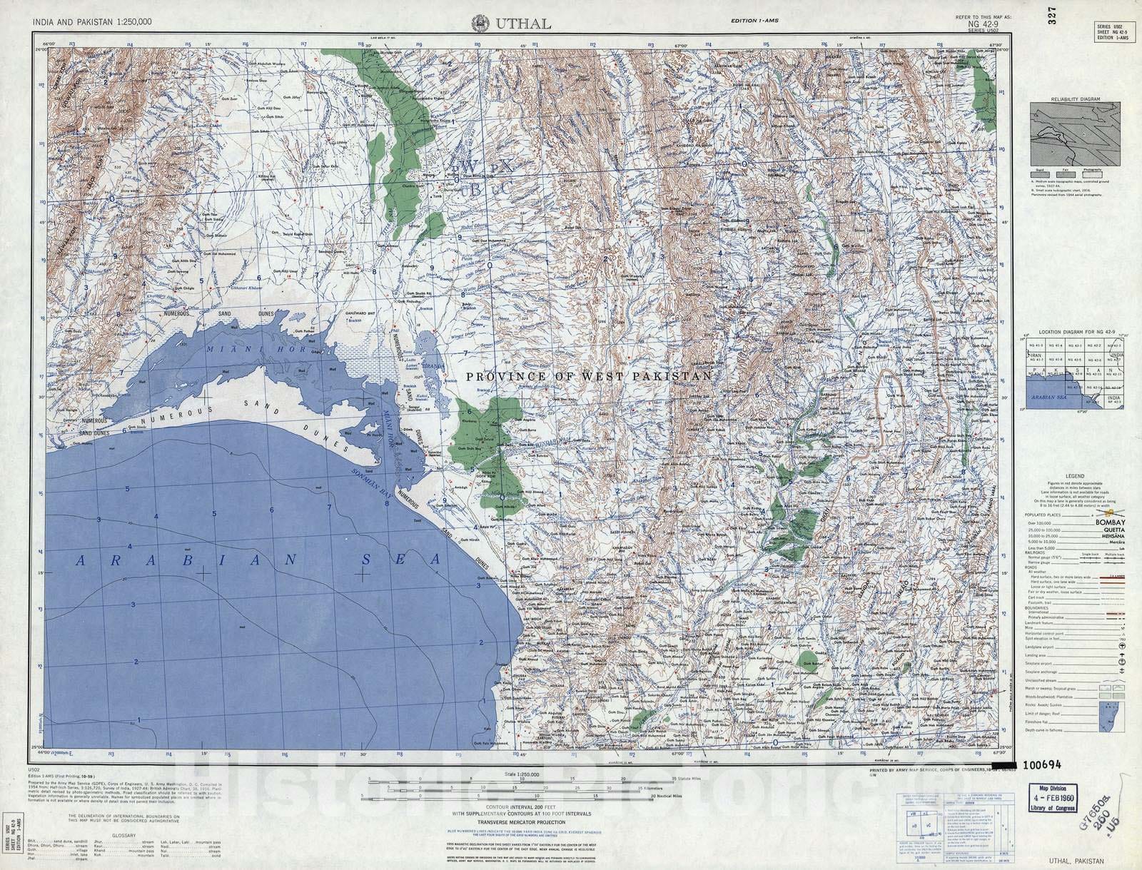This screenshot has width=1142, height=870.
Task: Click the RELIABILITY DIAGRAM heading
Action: pyautogui.click(x=1075, y=99)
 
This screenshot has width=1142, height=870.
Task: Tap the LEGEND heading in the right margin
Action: pyautogui.click(x=1075, y=476)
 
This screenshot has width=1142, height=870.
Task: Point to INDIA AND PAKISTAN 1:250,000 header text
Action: pyautogui.click(x=92, y=22)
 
